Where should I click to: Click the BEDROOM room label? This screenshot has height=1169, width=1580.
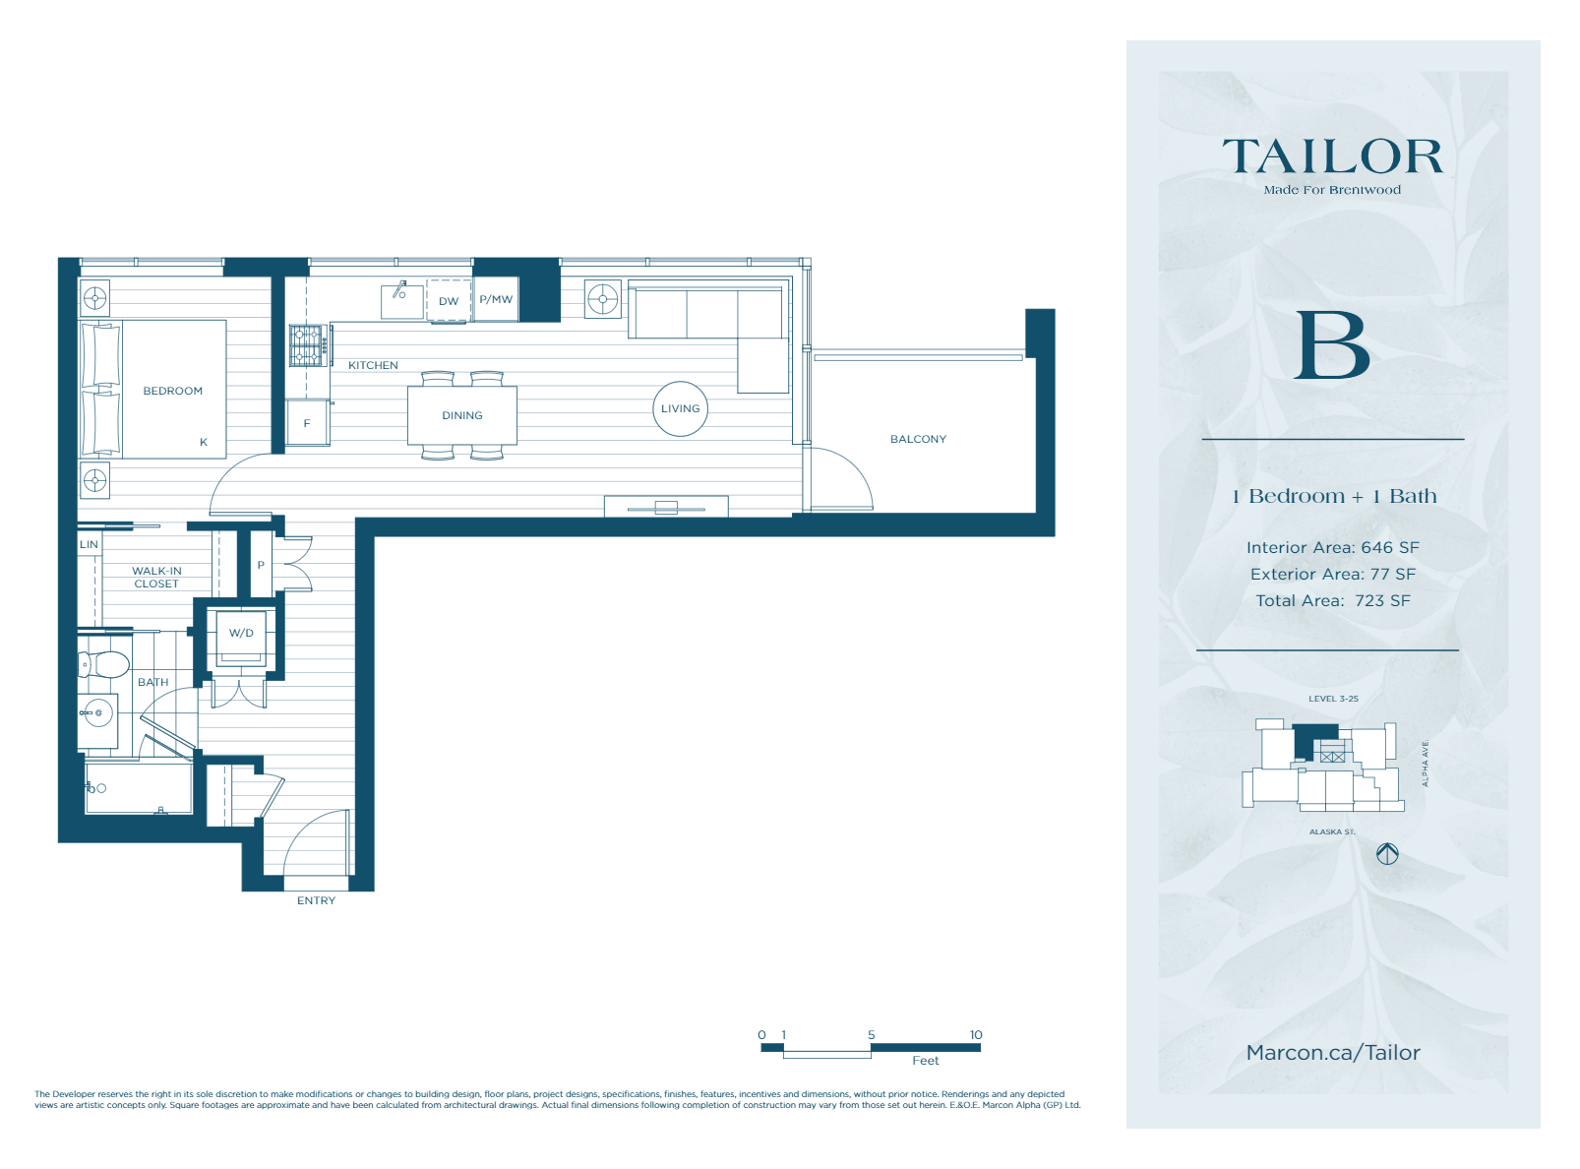click(x=173, y=391)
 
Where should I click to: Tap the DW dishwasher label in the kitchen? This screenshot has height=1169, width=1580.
click(x=449, y=301)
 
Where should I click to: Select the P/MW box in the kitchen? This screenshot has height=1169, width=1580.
click(x=496, y=299)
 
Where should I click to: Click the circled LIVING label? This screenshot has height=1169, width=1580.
click(x=680, y=408)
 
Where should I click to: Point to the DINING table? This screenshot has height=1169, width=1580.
click(x=462, y=415)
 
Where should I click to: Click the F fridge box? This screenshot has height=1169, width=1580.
click(x=307, y=423)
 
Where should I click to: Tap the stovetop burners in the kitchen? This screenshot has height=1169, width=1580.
click(x=309, y=345)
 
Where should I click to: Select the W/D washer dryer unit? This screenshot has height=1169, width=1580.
click(x=241, y=633)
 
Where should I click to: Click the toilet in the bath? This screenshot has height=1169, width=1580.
click(x=106, y=665)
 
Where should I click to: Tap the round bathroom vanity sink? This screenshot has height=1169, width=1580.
click(x=97, y=712)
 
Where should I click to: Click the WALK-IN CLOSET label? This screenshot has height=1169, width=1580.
click(x=156, y=577)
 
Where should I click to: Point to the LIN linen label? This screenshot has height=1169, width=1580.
click(x=89, y=544)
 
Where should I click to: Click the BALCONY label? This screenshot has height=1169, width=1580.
click(x=918, y=439)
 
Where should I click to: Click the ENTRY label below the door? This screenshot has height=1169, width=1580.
click(x=316, y=900)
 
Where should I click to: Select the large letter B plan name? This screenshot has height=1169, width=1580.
click(x=1332, y=345)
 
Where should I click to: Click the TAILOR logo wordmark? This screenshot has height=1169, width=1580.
click(x=1332, y=157)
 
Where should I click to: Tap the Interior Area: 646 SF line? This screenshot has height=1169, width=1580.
click(x=1332, y=547)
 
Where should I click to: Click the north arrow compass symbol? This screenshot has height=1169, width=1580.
click(x=1387, y=854)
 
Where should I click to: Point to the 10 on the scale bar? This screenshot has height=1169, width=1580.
click(x=975, y=1034)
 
